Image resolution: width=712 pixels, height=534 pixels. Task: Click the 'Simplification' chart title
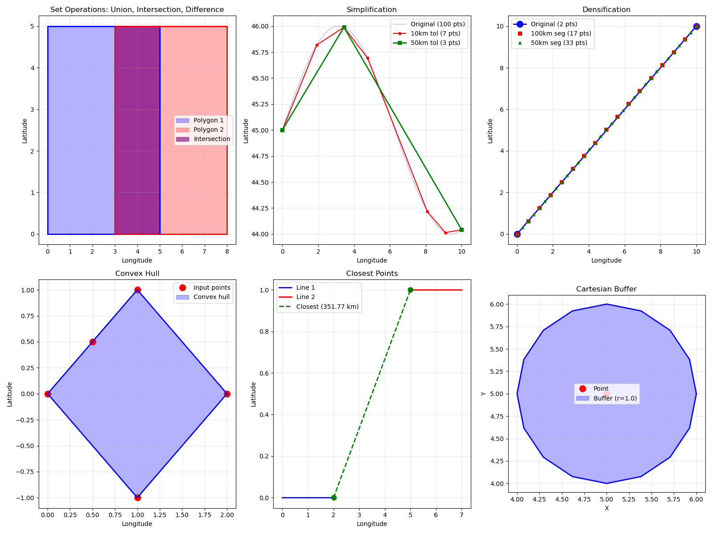pyautogui.click(x=372, y=10)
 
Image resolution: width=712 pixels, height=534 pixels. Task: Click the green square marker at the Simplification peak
pyautogui.click(x=344, y=28)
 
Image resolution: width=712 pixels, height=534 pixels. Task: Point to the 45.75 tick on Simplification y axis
pyautogui.click(x=268, y=53)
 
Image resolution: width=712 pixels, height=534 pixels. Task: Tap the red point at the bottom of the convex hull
pyautogui.click(x=138, y=498)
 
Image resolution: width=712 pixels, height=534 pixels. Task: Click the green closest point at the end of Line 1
pyautogui.click(x=334, y=498)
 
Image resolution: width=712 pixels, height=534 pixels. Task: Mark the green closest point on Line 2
pyautogui.click(x=410, y=290)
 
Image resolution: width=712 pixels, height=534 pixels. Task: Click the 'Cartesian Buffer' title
pyautogui.click(x=606, y=289)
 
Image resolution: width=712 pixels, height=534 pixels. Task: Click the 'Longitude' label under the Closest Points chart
pyautogui.click(x=372, y=524)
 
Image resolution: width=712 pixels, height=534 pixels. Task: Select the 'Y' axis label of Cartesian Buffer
pyautogui.click(x=483, y=394)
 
